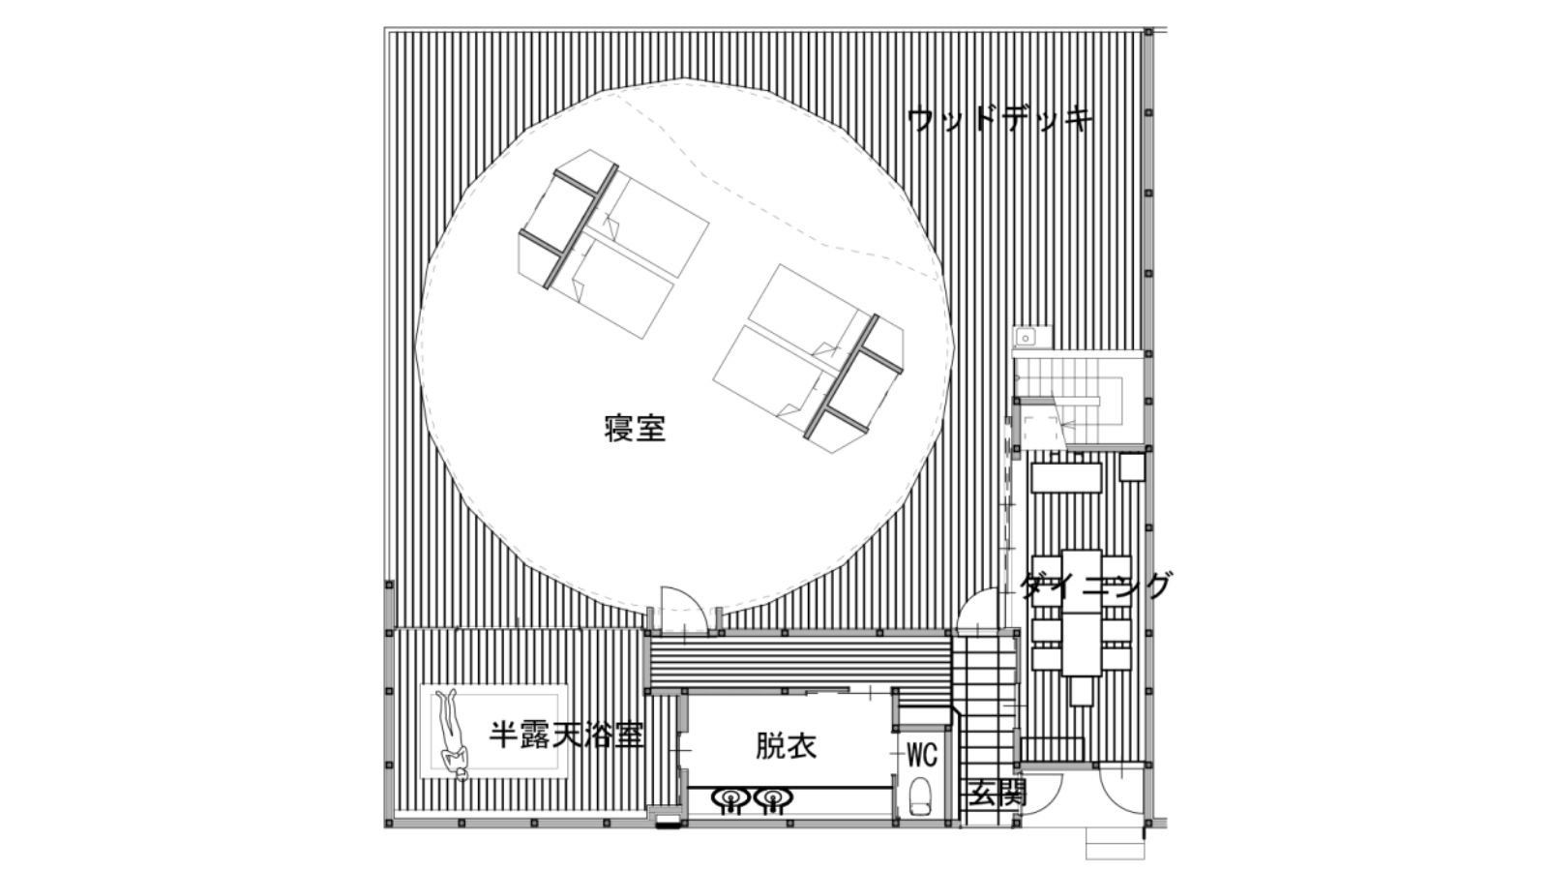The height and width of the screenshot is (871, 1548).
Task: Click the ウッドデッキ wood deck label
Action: [1000, 121]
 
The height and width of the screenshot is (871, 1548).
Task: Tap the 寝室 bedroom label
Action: [635, 428]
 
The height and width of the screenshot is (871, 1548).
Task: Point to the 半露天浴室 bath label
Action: [566, 736]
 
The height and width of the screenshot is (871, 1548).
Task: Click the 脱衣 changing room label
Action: [786, 746]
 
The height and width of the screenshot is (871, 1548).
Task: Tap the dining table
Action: [1082, 613]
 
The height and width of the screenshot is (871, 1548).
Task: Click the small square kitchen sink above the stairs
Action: [1026, 337]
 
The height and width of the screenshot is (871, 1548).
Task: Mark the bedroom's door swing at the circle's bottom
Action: [684, 610]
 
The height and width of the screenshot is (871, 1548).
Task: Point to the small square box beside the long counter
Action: [1131, 468]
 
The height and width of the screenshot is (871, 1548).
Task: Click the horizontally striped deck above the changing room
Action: [798, 658]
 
